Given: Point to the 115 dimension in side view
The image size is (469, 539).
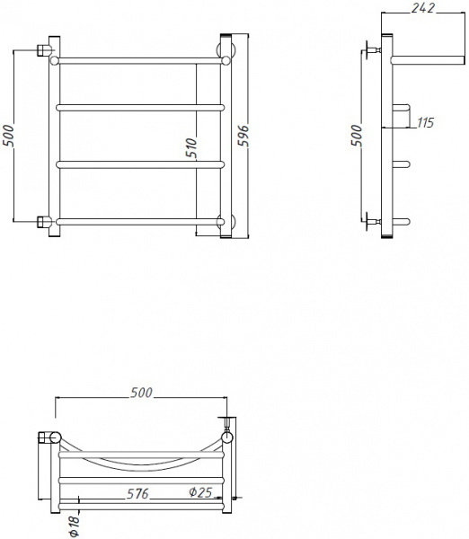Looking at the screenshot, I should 426,122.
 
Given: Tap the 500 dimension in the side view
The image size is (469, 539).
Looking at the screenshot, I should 357,135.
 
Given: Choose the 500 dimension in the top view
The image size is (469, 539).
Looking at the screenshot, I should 141,393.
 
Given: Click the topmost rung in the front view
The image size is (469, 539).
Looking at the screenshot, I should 139,61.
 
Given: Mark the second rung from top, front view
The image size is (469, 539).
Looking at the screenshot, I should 139,108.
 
